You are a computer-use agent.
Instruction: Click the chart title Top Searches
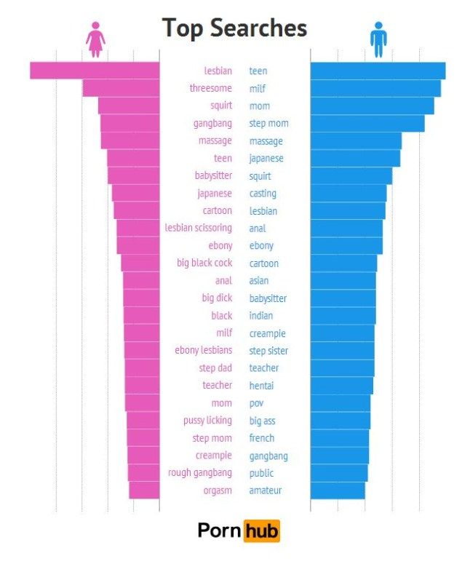234,28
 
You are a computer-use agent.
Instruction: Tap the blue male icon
378,39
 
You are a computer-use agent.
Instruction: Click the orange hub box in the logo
261,531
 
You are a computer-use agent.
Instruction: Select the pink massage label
215,141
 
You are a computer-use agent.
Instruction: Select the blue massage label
266,141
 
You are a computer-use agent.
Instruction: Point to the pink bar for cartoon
136,211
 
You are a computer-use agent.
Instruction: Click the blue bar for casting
348,194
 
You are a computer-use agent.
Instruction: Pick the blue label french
261,438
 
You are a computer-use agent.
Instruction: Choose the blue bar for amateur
338,490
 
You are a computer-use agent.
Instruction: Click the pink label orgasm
218,490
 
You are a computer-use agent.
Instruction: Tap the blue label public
261,473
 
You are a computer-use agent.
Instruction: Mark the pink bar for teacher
142,386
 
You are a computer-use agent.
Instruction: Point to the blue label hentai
261,386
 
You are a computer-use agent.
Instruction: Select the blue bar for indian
343,316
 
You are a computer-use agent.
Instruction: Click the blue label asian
258,281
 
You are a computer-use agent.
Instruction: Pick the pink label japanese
215,194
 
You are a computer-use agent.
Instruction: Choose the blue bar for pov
340,403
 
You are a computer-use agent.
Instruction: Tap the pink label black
222,316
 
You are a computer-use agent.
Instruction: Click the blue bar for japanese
355,159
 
